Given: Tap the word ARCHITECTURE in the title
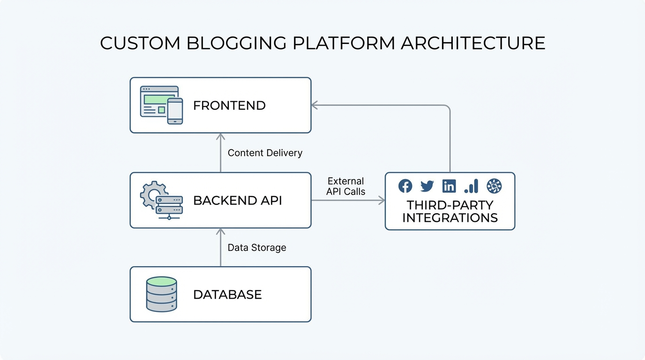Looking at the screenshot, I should (473, 43).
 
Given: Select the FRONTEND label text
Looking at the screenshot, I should (229, 105).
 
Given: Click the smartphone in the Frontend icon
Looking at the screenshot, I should (175, 111).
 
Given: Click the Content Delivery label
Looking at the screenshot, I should (265, 153).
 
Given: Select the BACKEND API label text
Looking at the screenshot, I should (238, 201).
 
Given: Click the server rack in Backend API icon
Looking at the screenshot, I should (169, 205).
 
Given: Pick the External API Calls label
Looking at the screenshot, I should (346, 186).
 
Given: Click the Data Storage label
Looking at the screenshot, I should (257, 247).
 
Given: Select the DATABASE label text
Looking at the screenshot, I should (227, 295).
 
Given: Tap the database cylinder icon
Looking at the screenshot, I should (161, 294).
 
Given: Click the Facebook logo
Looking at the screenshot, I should (405, 186).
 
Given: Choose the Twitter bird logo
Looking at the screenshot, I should (427, 186).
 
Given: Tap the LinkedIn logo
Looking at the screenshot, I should (449, 186).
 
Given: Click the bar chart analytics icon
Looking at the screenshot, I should (471, 186).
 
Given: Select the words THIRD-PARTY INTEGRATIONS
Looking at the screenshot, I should (450, 211).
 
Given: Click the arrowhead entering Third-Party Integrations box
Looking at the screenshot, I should (382, 201).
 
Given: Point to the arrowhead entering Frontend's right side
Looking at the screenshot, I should (315, 105).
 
